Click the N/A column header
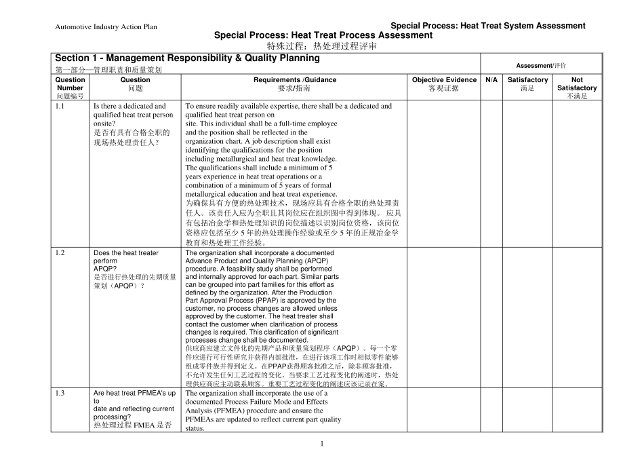click(x=491, y=79)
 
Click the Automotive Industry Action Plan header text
click(x=106, y=27)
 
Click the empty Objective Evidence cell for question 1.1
click(x=444, y=174)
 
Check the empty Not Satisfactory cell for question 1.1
click(x=577, y=174)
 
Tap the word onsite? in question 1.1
click(x=105, y=124)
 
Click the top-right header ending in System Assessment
click(x=488, y=26)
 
